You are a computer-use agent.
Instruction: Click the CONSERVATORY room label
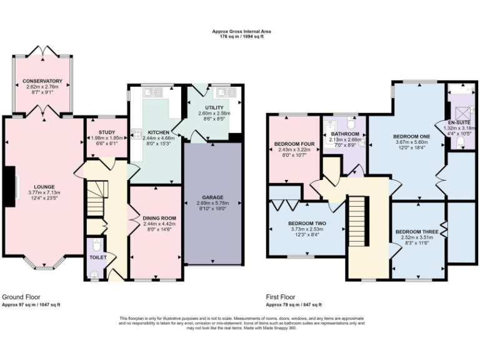point(42,81)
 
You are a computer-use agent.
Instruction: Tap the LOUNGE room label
point(44,186)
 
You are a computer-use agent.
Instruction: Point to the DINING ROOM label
point(156,218)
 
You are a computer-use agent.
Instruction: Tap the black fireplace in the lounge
point(10,186)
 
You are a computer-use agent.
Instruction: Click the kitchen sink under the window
point(152,93)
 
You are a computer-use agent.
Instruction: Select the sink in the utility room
point(224,93)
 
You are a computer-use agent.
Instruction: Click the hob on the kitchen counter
point(136,134)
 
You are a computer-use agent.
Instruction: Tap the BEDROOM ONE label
point(412,136)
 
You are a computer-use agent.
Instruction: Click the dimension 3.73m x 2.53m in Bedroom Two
point(307,229)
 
